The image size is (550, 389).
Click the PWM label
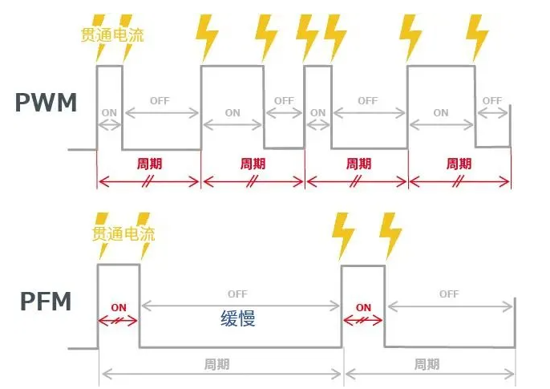(x=46, y=102)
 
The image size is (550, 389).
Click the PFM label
(x=46, y=302)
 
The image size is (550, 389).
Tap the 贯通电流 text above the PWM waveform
(x=112, y=35)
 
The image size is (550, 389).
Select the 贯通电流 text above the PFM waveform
(x=123, y=234)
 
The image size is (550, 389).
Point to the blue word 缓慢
(x=238, y=318)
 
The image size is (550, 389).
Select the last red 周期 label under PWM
(x=459, y=164)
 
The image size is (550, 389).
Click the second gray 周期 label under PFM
(x=427, y=364)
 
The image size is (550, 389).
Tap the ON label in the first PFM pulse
(x=119, y=307)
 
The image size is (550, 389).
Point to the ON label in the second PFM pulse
(x=363, y=307)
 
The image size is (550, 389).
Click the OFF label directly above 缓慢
(x=237, y=294)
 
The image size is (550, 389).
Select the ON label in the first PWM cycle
(x=108, y=112)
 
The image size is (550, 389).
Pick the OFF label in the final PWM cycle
(x=492, y=101)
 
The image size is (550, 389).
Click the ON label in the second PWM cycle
(x=232, y=113)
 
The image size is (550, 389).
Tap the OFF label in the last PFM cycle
(x=449, y=294)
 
